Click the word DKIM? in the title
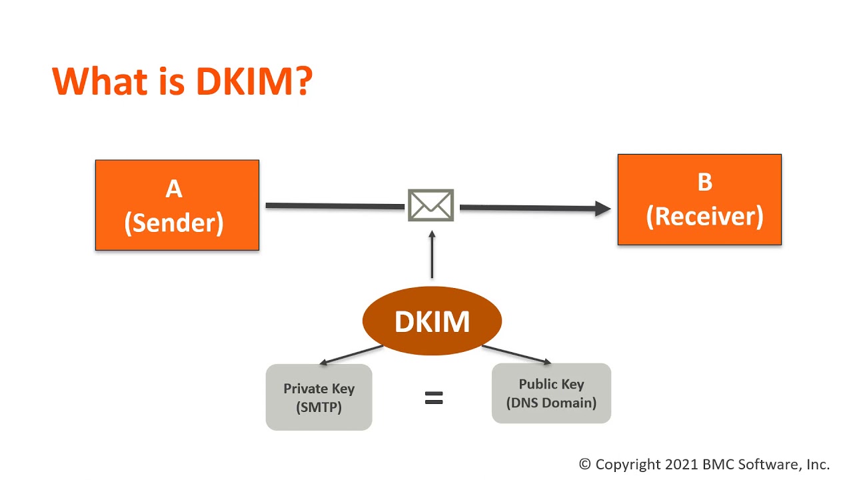point(254,81)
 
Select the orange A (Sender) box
point(177,205)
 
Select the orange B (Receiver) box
point(699,199)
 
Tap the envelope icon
point(431,205)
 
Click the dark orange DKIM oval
point(432,321)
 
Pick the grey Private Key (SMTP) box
point(319,397)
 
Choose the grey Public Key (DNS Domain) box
point(551,393)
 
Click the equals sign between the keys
point(434,398)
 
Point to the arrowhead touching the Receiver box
point(603,209)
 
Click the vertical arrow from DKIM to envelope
point(432,257)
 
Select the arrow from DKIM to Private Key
point(352,355)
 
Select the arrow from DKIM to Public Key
point(516,355)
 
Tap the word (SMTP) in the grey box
point(319,407)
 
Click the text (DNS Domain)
point(551,403)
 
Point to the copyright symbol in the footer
point(585,465)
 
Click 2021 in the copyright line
point(681,465)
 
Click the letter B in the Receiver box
point(704,182)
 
